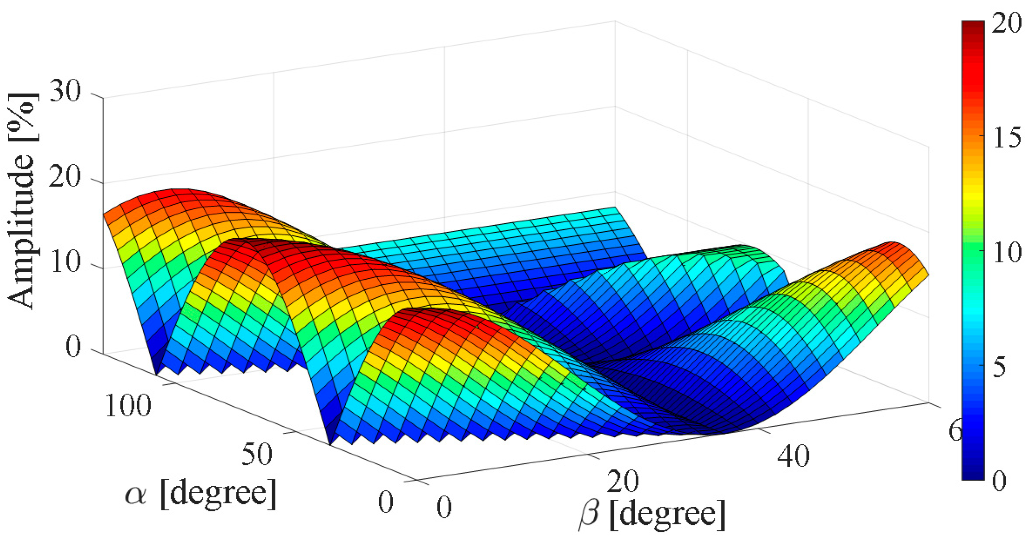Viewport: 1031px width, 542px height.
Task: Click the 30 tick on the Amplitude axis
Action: (65, 92)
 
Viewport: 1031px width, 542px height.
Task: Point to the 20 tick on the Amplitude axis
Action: (65, 178)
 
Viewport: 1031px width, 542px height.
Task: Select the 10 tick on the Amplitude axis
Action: (65, 263)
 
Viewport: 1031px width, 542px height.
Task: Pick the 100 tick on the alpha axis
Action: (128, 406)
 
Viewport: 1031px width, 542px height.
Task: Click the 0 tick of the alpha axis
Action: (386, 502)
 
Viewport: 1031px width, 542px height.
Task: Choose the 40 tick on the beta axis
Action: (793, 456)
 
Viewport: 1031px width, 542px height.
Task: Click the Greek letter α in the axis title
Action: (136, 496)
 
